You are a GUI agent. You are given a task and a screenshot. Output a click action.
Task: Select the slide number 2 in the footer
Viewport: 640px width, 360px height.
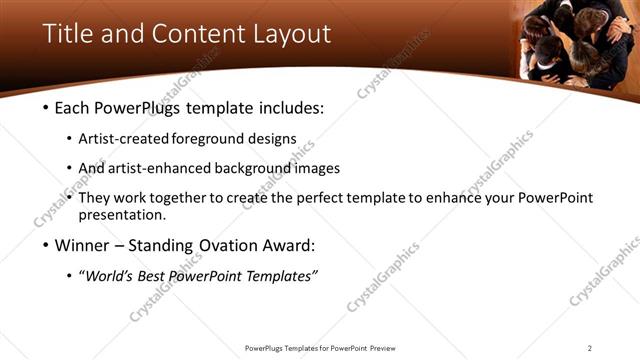[590, 348]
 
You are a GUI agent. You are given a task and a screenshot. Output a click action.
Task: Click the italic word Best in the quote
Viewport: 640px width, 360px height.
[160, 276]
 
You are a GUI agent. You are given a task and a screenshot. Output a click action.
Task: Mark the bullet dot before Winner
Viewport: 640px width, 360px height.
[46, 245]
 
